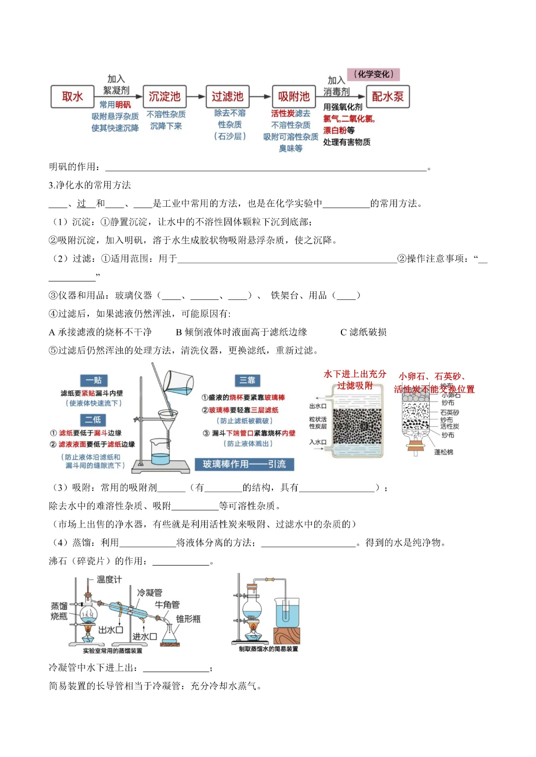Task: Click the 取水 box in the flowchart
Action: tap(72, 96)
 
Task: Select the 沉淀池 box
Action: tap(164, 96)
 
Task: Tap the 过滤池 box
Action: tap(227, 96)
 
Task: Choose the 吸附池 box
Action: tap(293, 96)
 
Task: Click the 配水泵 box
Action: tap(388, 96)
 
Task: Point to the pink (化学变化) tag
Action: tap(373, 74)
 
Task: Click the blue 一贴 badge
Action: tap(93, 380)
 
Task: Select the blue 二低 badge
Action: tap(93, 419)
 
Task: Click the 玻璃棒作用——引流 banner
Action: tap(244, 464)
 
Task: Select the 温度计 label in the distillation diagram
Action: tap(109, 580)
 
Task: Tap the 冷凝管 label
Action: tap(149, 592)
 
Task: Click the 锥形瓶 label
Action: tap(189, 619)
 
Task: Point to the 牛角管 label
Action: tap(167, 605)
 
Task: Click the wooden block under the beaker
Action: tap(286, 636)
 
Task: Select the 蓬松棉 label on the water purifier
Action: tap(443, 452)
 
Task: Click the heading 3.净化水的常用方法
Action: tap(90, 185)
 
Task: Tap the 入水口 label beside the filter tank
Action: tap(318, 442)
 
